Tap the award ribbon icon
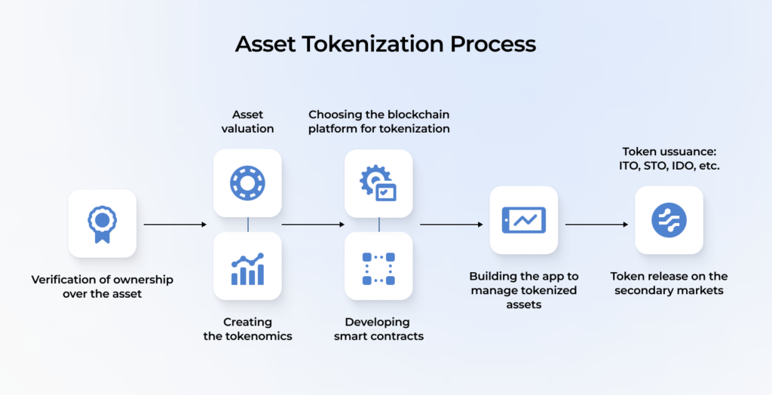point(102,223)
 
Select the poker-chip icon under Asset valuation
point(247,182)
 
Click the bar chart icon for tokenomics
point(247,268)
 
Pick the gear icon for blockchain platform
point(378,183)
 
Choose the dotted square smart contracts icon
point(378,268)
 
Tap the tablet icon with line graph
point(524,221)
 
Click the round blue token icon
point(669,220)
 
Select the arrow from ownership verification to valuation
point(174,225)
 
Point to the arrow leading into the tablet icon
point(451,225)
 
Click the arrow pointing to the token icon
point(596,225)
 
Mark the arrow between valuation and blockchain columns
point(313,225)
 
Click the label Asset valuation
point(247,121)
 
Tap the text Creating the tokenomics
point(247,329)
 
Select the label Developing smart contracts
point(378,329)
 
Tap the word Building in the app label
point(493,277)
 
